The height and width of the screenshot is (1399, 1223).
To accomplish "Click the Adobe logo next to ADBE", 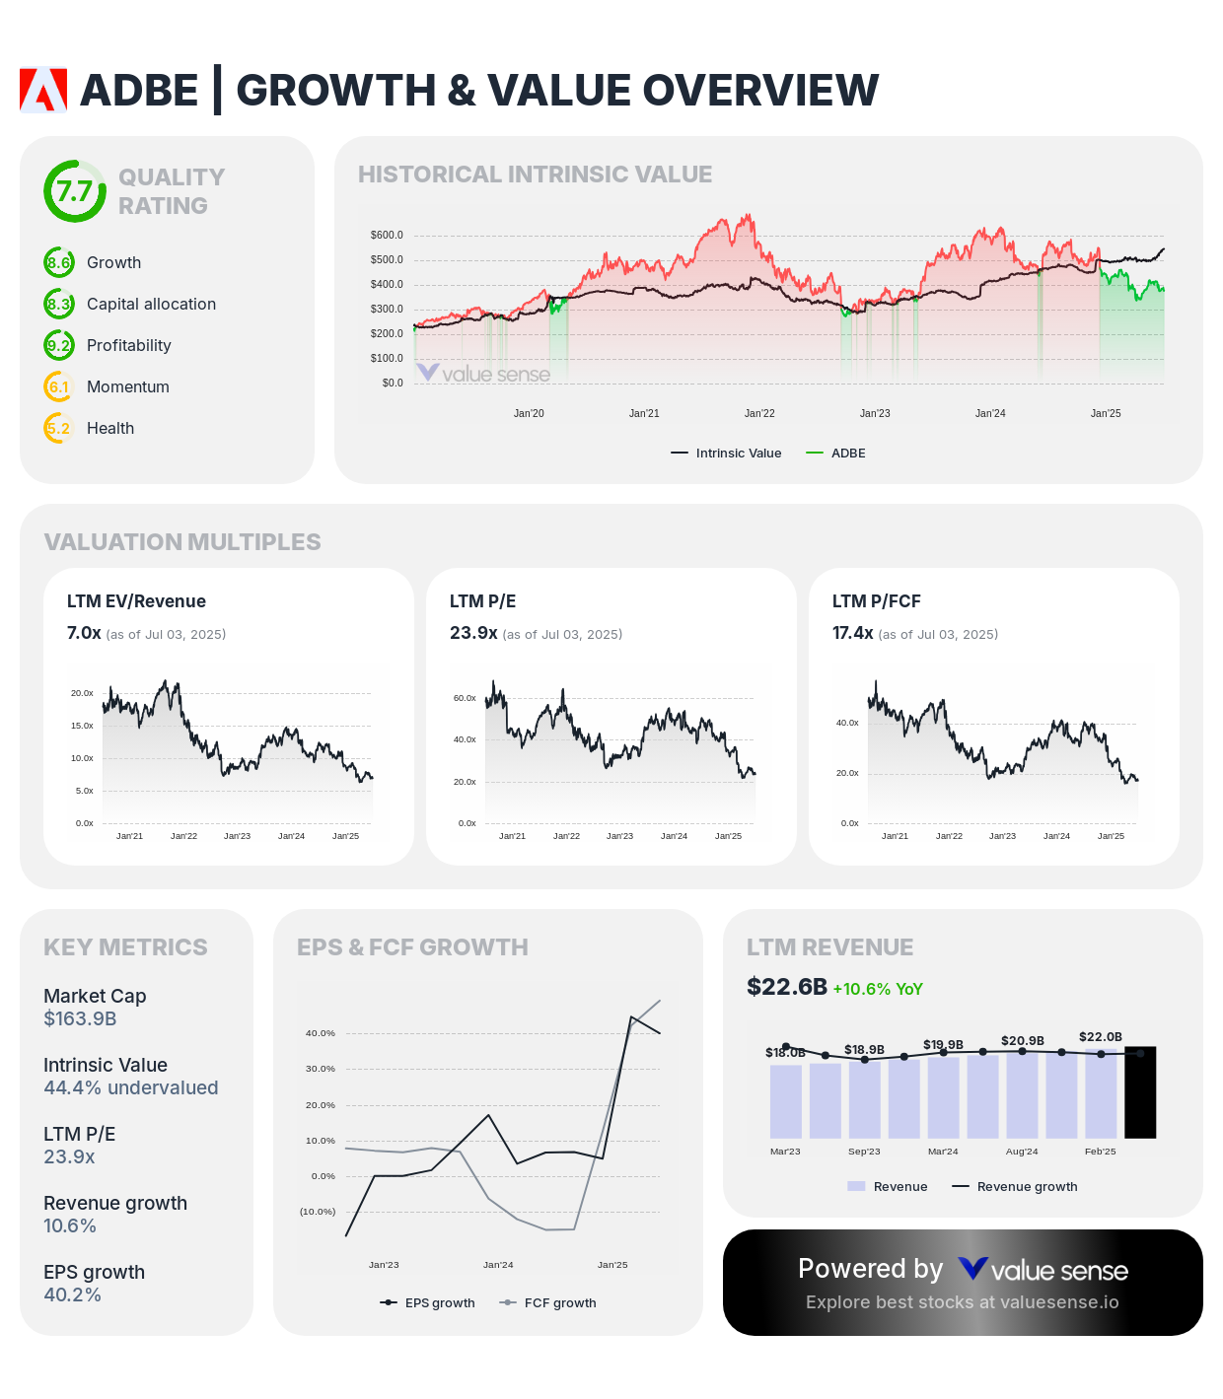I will [43, 90].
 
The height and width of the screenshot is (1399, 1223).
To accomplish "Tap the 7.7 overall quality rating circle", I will [74, 191].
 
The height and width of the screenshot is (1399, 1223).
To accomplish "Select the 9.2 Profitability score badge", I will [59, 345].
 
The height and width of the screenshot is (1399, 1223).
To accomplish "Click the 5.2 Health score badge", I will [59, 428].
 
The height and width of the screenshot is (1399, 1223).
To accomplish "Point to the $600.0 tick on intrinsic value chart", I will [387, 235].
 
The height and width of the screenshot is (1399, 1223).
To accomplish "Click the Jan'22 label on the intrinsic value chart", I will [759, 413].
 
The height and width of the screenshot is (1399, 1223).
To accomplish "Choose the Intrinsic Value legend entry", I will [727, 454].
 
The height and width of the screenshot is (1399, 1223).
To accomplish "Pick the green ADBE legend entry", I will [836, 454].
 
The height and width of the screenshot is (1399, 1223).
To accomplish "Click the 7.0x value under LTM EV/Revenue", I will [84, 633].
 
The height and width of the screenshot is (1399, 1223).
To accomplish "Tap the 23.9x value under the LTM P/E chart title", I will [473, 633].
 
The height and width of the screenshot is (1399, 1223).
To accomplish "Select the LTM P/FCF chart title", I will [876, 601].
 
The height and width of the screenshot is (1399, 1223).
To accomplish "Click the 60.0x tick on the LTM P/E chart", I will [465, 698].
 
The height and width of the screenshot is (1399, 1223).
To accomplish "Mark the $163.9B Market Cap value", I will [80, 1018].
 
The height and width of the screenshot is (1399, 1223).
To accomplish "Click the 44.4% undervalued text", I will [131, 1087].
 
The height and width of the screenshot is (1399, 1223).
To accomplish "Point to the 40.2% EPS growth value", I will [72, 1294].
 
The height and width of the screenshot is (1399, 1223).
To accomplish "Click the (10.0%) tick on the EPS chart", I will [318, 1212].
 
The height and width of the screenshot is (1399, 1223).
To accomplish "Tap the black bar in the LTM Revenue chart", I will [1140, 1092].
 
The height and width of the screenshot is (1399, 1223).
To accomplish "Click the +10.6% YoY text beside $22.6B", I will [878, 989].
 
